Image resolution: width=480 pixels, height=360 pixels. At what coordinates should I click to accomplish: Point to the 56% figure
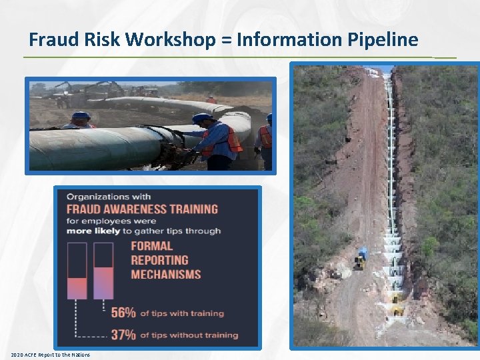coord(124,312)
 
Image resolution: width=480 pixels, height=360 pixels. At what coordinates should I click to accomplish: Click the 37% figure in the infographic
coord(124,333)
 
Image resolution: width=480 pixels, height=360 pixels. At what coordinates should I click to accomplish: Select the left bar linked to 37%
coord(77,271)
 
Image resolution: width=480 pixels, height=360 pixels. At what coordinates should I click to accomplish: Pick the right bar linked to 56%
coord(103,271)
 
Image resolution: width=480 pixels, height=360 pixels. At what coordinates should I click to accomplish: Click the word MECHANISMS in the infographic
coord(166,274)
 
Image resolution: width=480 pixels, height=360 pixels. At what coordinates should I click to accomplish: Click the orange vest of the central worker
coord(230,141)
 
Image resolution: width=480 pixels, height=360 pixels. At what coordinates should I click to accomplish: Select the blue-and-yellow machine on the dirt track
coord(361,257)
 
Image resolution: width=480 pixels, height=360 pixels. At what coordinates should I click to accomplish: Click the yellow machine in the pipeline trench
coord(397,308)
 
